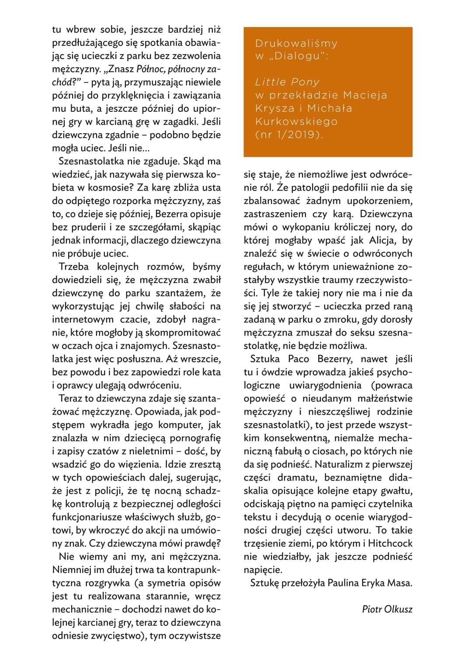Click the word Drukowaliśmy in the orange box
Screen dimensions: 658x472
[x=296, y=43]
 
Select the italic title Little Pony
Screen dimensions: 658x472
[x=287, y=82]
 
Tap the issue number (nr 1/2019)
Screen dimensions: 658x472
[x=289, y=135]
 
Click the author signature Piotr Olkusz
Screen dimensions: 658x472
[x=387, y=609]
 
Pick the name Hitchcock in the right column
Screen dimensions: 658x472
[x=390, y=544]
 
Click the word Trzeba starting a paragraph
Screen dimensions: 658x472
[x=74, y=267]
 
